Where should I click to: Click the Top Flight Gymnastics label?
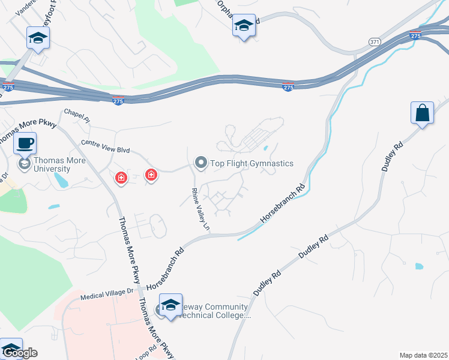coord(252,163)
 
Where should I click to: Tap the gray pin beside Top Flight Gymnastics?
coord(201,163)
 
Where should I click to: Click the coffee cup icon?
coord(25,143)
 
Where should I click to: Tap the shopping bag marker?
coord(423,113)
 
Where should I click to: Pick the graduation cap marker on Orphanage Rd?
coord(244,26)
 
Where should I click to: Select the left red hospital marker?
coord(121,177)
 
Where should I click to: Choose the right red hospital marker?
coord(151,175)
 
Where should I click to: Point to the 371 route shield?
coord(375,42)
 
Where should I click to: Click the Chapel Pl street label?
coord(76,114)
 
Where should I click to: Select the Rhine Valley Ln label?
coord(200,209)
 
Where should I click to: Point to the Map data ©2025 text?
coord(423,355)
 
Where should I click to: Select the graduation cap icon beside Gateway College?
coord(170,304)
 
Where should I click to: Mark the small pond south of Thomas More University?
coord(53,207)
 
